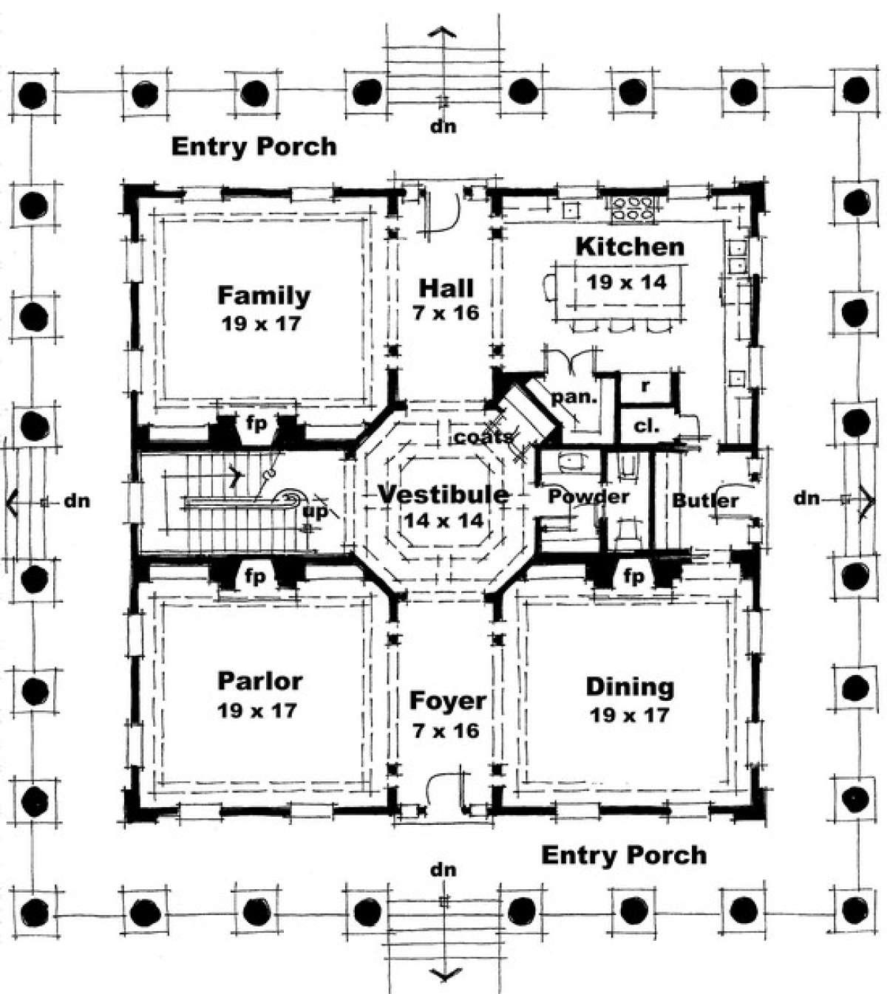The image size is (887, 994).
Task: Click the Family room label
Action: point(264,295)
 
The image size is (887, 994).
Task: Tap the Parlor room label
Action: point(259,681)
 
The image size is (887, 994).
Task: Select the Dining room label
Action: point(630,688)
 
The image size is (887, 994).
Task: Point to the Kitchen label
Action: point(630,247)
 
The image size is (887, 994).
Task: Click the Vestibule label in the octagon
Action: point(443,494)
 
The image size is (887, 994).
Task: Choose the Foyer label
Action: point(447,701)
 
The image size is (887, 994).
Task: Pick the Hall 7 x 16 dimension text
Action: point(446,312)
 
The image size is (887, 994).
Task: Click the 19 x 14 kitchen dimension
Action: point(627,282)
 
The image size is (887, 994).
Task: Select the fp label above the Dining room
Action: point(633,576)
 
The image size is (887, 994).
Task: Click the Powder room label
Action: point(588,496)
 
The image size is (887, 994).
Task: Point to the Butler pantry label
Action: point(704,501)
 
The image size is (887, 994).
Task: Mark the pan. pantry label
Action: point(574,397)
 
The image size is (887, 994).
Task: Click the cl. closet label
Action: point(646,426)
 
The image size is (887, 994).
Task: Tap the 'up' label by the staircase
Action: point(314,513)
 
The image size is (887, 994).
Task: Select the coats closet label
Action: point(483,436)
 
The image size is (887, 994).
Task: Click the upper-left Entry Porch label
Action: point(254,147)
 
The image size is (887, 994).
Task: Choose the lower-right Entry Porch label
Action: point(624,855)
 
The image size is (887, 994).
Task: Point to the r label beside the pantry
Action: point(645,385)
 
